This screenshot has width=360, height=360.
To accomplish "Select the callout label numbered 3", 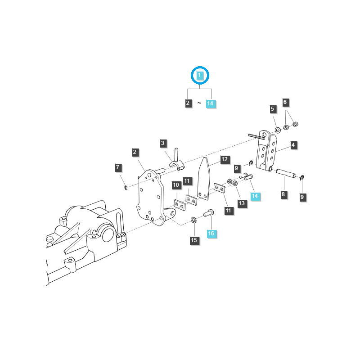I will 163,144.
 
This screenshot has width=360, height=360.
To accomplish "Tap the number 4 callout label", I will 293,145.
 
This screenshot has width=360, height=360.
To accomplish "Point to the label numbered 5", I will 273,109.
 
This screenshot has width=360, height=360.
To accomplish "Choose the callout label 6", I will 285,103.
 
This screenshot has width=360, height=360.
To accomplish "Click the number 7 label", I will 118,168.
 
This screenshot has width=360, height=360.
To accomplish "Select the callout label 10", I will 176,185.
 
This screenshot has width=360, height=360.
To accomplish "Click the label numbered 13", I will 242,203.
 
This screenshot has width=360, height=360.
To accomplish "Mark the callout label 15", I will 194,240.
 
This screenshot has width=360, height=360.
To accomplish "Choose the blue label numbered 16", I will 211,234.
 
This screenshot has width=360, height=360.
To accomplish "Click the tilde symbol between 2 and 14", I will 199,103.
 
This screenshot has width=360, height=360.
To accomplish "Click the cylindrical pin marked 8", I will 286,173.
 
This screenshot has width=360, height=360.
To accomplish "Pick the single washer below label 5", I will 277,130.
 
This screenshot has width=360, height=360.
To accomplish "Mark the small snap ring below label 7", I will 126,187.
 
